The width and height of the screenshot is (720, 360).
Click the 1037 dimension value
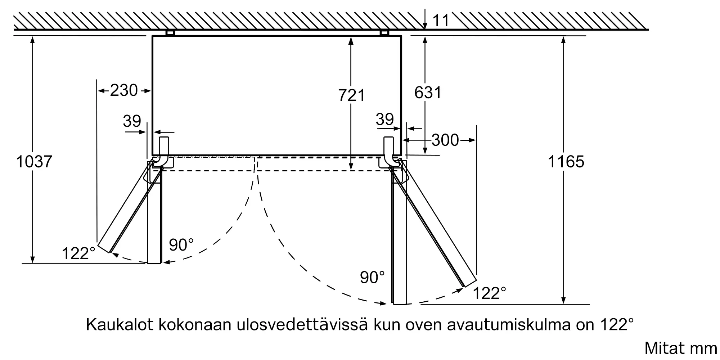click(x=34, y=162)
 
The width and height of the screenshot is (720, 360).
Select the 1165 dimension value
click(x=566, y=162)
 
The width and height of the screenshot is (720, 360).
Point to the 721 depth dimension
click(x=352, y=95)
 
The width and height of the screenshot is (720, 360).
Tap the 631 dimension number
click(x=428, y=93)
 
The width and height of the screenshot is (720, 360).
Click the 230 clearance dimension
click(x=124, y=90)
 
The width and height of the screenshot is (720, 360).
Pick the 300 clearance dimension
click(x=445, y=140)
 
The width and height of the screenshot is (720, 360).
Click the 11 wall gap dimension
click(x=441, y=21)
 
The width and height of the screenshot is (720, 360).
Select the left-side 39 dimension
click(x=132, y=121)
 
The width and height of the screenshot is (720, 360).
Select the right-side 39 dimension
click(x=384, y=119)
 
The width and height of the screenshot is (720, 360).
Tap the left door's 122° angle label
click(x=78, y=253)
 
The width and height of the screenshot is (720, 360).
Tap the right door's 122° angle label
click(x=489, y=293)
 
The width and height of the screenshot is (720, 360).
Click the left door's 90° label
click(x=181, y=245)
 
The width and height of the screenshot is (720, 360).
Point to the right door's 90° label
click(x=372, y=277)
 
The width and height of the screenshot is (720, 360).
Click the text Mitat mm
click(x=680, y=348)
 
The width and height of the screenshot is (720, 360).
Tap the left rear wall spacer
click(x=170, y=33)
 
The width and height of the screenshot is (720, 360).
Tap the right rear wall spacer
click(x=384, y=33)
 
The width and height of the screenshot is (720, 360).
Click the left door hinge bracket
click(x=164, y=151)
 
